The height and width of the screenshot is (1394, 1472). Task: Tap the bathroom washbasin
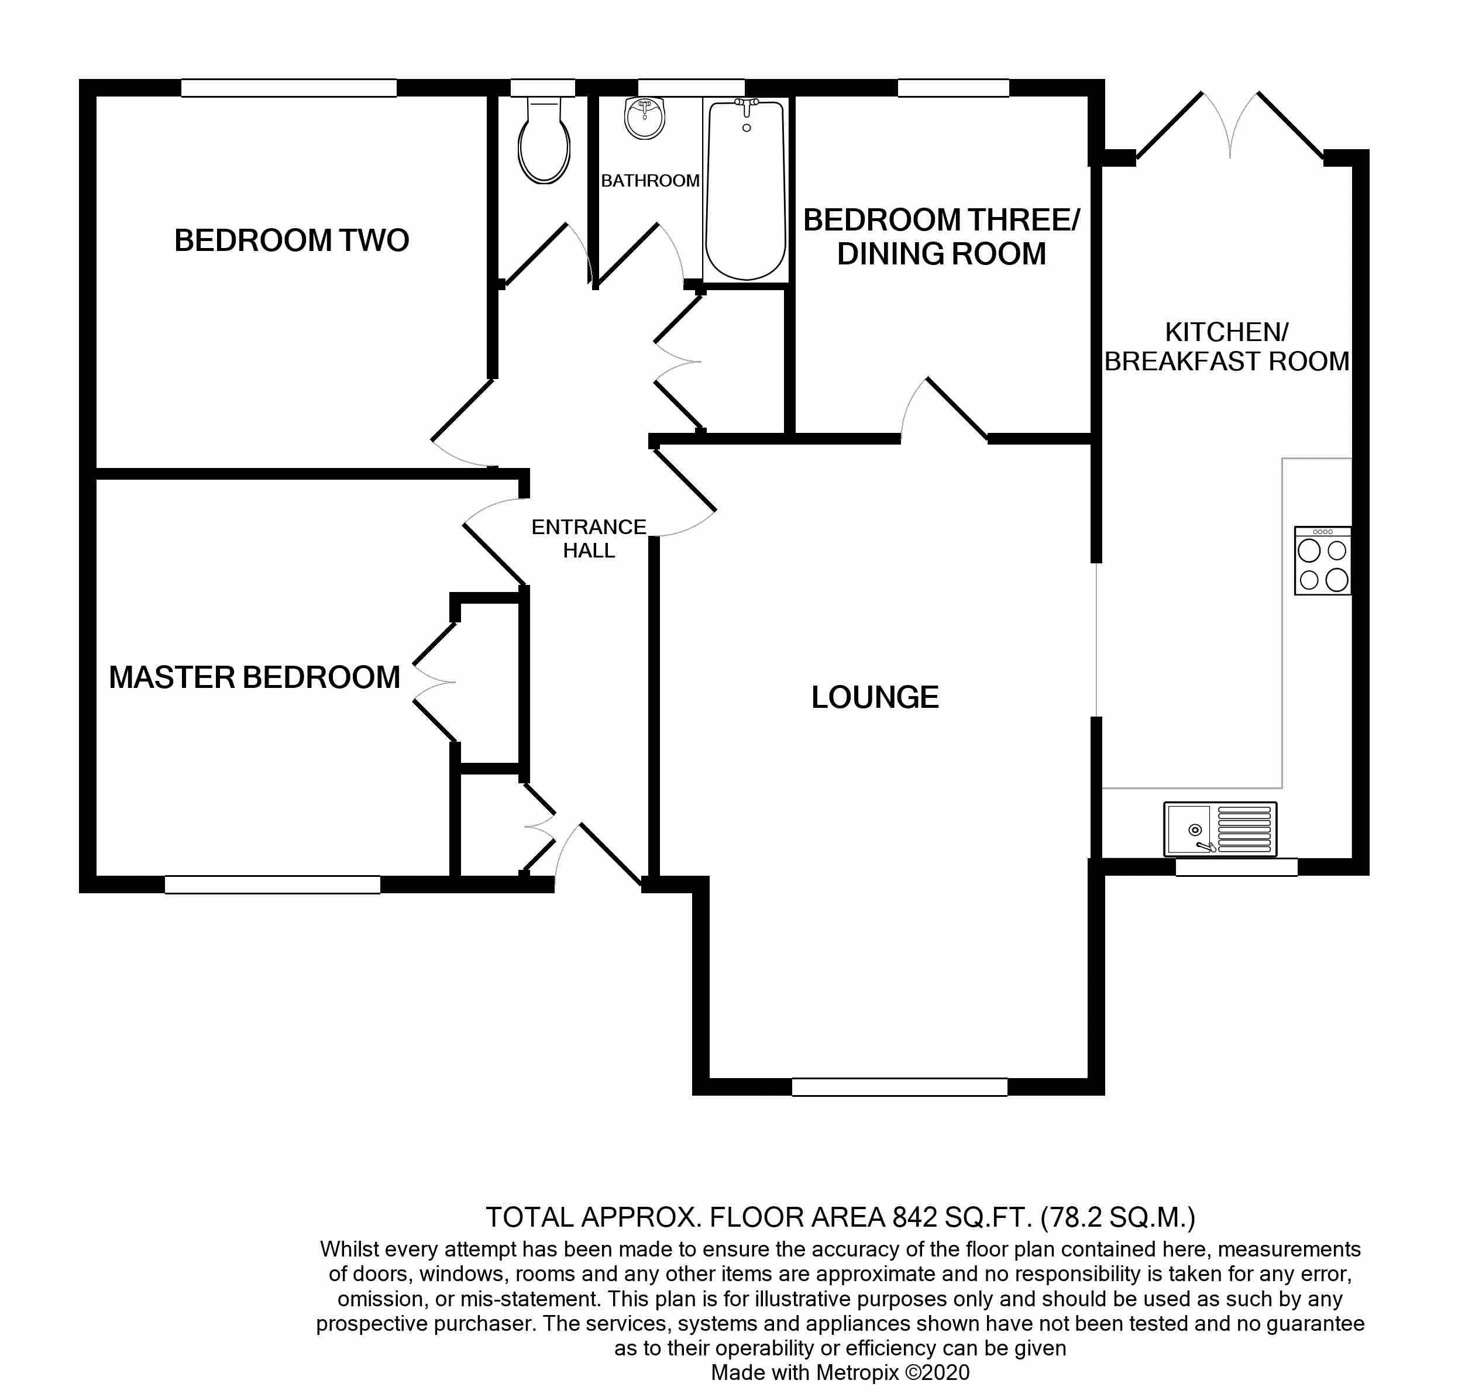644,118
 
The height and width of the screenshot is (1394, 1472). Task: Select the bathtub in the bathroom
746,190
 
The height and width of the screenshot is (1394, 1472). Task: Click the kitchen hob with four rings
1323,561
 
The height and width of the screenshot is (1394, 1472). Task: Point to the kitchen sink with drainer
1220,828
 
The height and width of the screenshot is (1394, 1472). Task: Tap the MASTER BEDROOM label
254,677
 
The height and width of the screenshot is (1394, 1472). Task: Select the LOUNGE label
875,697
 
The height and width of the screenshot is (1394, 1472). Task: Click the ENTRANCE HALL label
589,539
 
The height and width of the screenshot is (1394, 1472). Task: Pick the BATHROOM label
650,181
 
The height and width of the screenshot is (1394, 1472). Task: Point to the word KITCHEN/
1226,332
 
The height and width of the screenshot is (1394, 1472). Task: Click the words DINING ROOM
941,254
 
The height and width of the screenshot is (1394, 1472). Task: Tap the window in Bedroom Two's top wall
288,88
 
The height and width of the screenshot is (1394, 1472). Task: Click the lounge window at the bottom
899,1086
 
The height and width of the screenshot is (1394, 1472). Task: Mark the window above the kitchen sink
1236,867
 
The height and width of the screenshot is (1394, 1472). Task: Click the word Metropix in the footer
857,1372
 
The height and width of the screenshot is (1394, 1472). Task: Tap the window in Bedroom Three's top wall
953,88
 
